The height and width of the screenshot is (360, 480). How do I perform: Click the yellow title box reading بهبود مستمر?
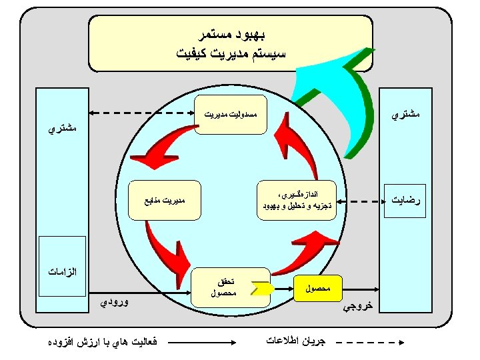230,42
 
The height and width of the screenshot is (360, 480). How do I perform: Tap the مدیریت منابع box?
165,199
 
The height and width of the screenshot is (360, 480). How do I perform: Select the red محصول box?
317,289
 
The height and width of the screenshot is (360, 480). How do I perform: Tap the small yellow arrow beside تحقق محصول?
261,289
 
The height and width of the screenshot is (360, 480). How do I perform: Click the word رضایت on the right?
407,199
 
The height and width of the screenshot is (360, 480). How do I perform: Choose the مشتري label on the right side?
406,115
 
